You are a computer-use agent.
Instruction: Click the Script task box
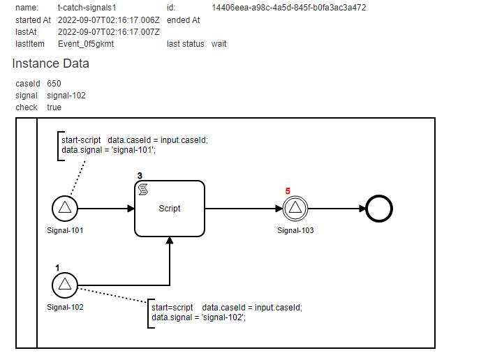[x=170, y=208]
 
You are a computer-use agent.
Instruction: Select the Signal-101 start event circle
[x=65, y=208]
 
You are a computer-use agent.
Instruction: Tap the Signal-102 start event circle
[x=65, y=284]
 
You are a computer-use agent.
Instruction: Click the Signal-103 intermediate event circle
[x=295, y=208]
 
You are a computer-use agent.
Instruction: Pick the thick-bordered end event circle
[x=378, y=208]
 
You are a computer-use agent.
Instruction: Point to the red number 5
[x=288, y=190]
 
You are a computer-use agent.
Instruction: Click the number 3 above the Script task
[x=140, y=176]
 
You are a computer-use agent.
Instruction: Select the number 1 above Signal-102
[x=58, y=267]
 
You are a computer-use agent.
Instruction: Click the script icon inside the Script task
[x=143, y=190]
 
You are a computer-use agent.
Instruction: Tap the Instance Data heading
[x=50, y=63]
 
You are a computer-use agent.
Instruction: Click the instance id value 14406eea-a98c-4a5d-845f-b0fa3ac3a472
[x=288, y=8]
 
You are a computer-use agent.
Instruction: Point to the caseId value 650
[x=54, y=84]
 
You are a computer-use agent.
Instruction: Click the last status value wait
[x=219, y=44]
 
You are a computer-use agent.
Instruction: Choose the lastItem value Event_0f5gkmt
[x=86, y=44]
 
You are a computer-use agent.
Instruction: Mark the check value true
[x=54, y=107]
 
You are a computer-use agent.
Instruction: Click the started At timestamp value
[x=108, y=20]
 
